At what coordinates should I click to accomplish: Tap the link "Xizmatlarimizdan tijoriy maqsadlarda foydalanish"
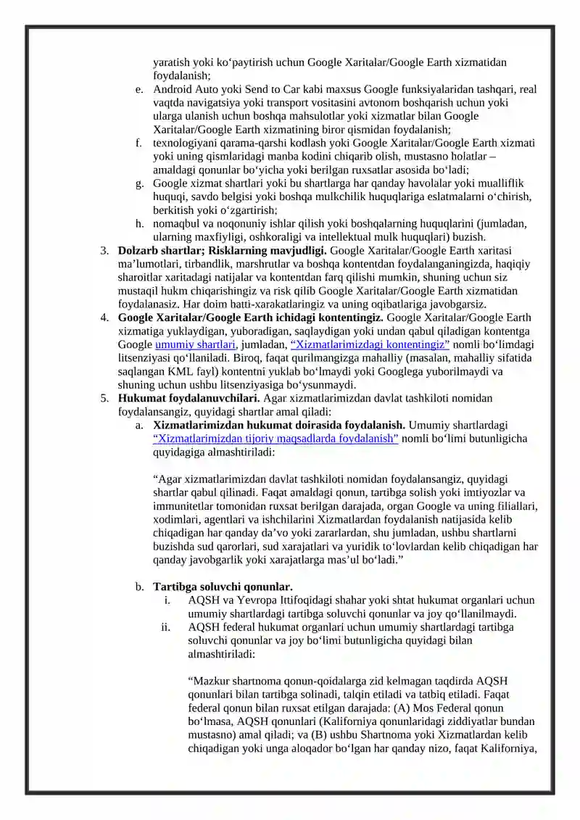tap(275, 439)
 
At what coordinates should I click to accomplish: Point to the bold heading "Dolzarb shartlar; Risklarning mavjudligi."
tap(223, 250)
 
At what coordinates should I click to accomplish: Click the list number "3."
tap(104, 250)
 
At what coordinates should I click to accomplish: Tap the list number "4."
tap(104, 318)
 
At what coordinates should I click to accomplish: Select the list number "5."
tap(104, 398)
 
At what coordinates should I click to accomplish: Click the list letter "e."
tap(139, 89)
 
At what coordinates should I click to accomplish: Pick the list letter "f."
tap(139, 143)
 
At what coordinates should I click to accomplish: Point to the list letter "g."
tap(139, 183)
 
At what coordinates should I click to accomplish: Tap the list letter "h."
tap(139, 223)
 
